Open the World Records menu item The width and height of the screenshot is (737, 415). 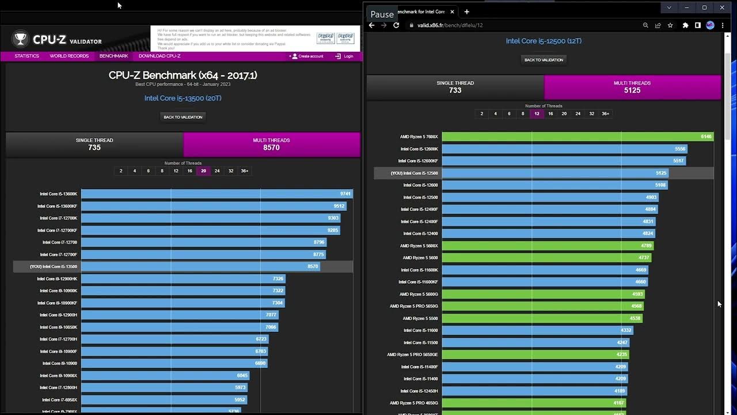69,56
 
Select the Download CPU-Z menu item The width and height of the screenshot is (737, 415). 159,56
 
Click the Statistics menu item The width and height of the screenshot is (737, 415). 27,56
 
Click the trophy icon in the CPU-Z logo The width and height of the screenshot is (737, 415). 21,39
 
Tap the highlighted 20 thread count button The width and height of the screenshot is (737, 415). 203,171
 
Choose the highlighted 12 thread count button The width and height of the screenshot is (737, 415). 537,114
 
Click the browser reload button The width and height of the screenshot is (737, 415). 396,25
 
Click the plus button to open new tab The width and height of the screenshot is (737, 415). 466,12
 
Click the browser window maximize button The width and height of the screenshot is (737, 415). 704,7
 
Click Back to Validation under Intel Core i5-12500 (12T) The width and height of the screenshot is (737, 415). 544,60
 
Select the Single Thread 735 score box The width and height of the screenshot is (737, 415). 94,144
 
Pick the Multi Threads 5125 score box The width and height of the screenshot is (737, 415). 632,87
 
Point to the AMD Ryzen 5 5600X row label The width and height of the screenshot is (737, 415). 420,246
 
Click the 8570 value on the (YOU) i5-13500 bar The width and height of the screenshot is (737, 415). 312,267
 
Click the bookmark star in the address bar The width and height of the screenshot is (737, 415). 670,25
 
